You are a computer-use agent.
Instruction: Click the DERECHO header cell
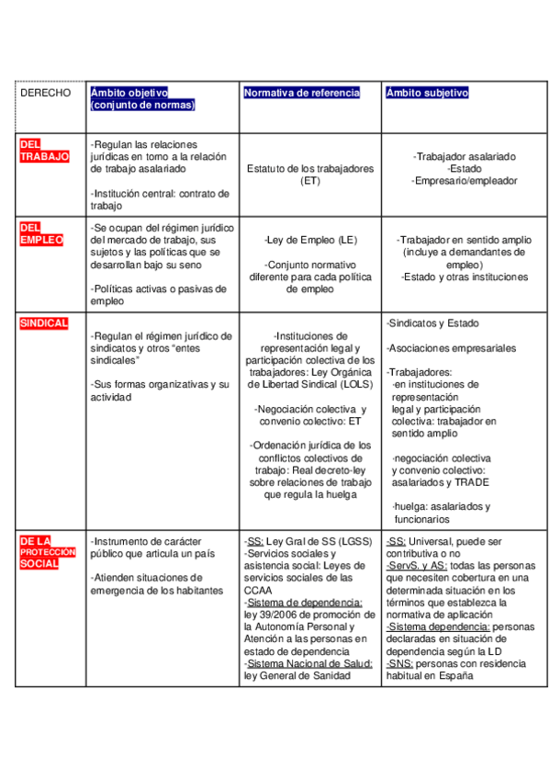point(45,94)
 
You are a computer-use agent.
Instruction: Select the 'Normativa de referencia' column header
point(301,93)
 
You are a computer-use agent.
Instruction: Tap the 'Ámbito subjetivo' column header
point(427,93)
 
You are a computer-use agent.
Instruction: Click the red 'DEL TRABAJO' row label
point(43,151)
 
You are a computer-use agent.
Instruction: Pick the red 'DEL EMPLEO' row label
point(41,233)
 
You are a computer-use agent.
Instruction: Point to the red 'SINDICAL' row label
point(43,323)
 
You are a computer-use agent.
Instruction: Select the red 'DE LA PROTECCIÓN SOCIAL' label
point(47,552)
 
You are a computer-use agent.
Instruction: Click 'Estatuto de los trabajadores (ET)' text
point(310,175)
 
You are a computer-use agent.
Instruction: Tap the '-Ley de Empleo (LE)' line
point(310,241)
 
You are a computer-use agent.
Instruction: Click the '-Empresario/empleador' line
point(464,181)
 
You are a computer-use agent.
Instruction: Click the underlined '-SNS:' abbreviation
point(399,662)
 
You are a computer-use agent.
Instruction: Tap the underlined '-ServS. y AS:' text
point(418,566)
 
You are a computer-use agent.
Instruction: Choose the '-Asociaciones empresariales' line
point(451,348)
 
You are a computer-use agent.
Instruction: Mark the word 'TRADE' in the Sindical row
point(470,481)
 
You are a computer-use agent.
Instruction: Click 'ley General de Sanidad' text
point(297,675)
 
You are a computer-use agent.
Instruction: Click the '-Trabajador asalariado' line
point(464,157)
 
